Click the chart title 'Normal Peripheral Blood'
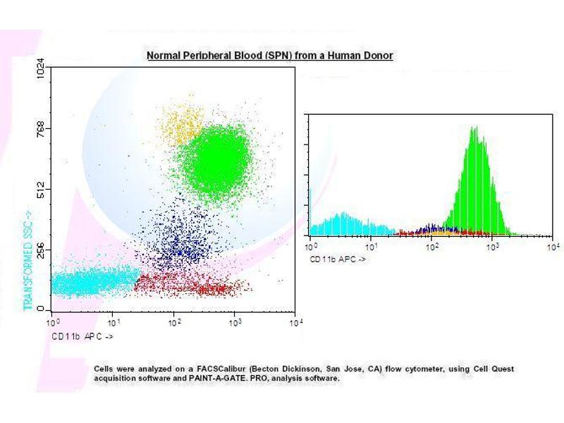point(269,55)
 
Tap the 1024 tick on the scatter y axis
point(41,69)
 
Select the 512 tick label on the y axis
point(41,190)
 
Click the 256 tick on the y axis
point(41,250)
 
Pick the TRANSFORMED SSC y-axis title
point(29,260)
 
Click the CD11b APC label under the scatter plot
point(82,337)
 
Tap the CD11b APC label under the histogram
point(338,259)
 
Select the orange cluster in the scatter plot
point(181,125)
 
